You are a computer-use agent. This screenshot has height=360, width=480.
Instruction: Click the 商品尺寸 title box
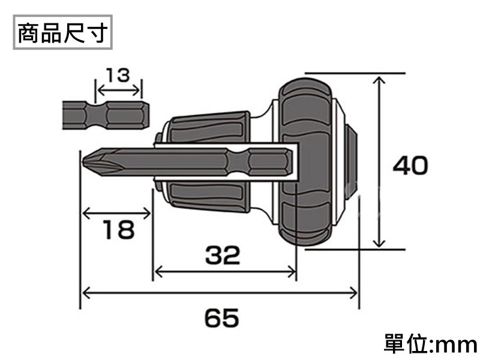(x=62, y=34)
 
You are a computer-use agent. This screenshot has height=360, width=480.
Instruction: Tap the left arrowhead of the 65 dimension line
(x=84, y=293)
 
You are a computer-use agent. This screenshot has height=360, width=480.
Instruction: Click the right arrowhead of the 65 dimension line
(x=355, y=293)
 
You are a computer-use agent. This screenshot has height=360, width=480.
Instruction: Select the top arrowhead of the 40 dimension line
(x=379, y=79)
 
